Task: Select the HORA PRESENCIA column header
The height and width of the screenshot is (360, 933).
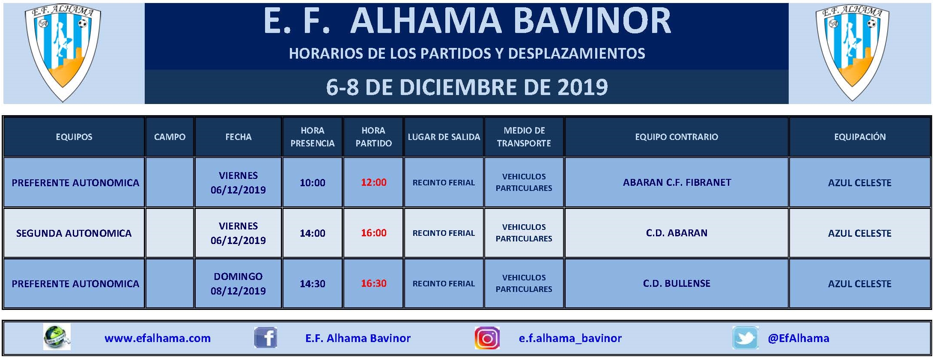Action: (x=313, y=137)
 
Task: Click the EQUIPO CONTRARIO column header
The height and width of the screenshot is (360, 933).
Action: (x=677, y=137)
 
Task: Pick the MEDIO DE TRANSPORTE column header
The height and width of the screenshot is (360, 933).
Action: (x=524, y=137)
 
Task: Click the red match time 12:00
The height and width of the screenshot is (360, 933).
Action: (x=373, y=183)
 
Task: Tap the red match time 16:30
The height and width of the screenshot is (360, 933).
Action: (x=373, y=283)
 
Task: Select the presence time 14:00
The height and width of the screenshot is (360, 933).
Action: (x=313, y=233)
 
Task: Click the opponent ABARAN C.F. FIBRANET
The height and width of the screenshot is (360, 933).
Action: (x=677, y=183)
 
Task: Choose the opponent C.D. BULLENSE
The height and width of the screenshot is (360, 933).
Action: (x=677, y=283)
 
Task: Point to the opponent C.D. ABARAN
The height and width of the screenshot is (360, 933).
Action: (x=677, y=233)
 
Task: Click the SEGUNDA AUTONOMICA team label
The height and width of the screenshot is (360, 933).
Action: (x=74, y=233)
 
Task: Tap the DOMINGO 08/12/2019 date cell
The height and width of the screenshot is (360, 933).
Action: (x=238, y=283)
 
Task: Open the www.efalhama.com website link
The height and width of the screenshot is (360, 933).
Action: (x=158, y=338)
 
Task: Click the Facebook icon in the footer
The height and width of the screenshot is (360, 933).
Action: (x=265, y=338)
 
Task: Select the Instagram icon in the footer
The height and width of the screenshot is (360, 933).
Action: (x=487, y=338)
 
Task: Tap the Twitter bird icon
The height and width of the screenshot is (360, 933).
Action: (x=745, y=338)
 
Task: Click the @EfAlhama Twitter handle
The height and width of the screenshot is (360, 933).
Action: (x=799, y=338)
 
